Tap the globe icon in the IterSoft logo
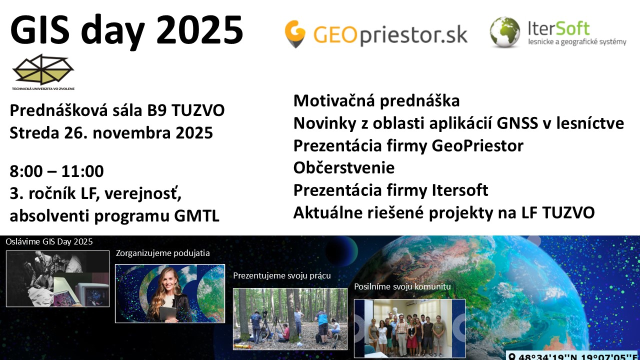[504, 32]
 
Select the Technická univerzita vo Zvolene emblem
[43, 72]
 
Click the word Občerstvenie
[344, 167]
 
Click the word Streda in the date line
[34, 133]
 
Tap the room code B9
[157, 110]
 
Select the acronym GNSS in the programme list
[517, 123]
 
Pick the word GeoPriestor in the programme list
[477, 145]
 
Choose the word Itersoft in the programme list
[460, 190]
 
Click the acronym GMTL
[197, 215]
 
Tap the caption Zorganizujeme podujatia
[163, 253]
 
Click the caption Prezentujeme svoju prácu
[282, 275]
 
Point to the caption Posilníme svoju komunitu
[402, 286]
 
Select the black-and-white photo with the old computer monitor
[57, 279]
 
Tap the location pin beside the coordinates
[512, 356]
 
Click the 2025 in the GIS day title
[199, 30]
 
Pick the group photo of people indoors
[409, 328]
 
